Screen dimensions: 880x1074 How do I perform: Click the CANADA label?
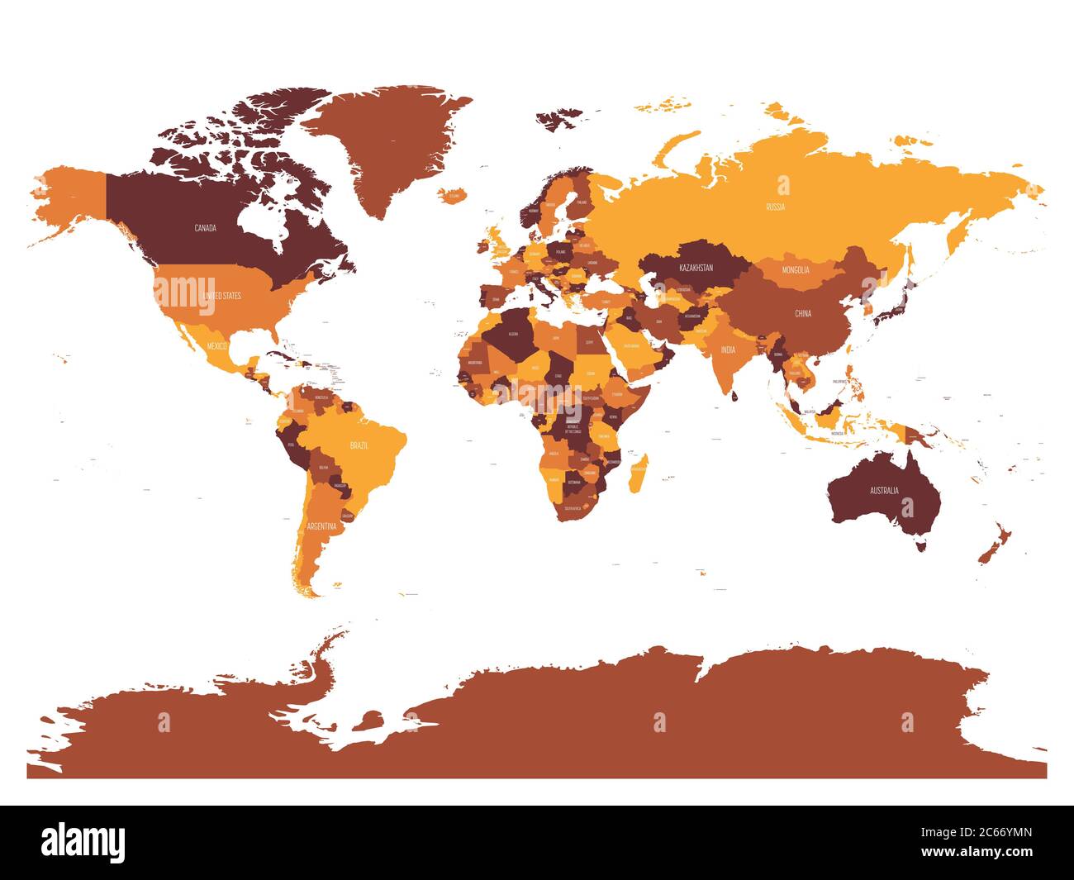[x=205, y=228]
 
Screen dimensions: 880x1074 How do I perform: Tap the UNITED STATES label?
[x=221, y=295]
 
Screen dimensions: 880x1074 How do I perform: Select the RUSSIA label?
[x=775, y=207]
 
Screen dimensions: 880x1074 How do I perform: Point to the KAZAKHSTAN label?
[x=695, y=269]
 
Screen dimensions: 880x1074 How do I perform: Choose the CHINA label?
[x=802, y=314]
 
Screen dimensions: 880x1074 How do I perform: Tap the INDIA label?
[x=727, y=350]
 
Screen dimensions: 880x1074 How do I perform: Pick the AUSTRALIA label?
[x=883, y=491]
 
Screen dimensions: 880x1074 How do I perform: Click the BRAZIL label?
[x=359, y=445]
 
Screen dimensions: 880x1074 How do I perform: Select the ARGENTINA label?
[x=321, y=526]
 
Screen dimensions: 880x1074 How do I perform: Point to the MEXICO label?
[x=216, y=345]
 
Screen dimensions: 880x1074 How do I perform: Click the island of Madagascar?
[x=639, y=471]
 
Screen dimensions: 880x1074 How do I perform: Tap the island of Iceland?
[x=449, y=195]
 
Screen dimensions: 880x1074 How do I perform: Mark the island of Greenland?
[x=380, y=140]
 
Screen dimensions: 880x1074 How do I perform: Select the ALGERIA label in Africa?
[x=511, y=334]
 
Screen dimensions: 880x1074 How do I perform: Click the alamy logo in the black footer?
[x=83, y=842]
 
